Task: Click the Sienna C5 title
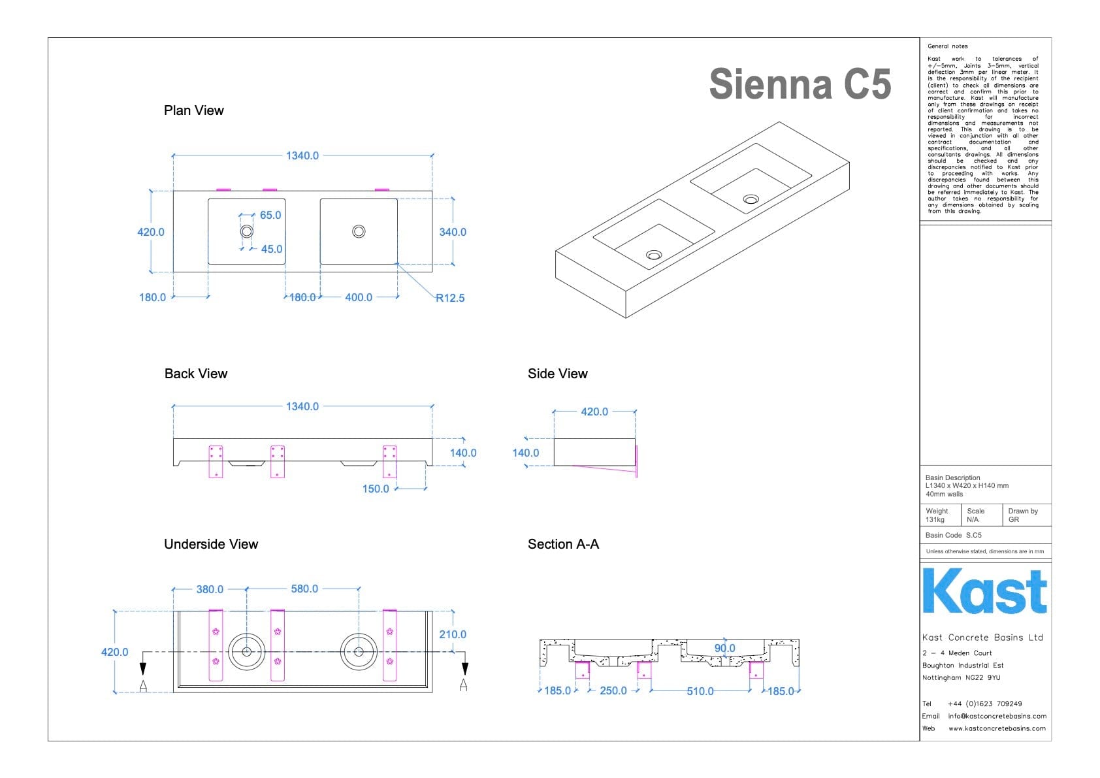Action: pos(800,84)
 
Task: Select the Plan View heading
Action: pos(193,110)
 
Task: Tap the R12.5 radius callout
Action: pos(450,298)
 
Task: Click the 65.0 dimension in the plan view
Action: pos(270,215)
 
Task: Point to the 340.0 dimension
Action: pos(453,232)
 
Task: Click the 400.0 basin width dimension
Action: pos(359,297)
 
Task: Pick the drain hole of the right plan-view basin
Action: pos(359,231)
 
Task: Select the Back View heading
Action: pos(196,374)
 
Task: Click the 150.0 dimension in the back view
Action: pos(376,489)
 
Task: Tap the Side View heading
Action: pos(557,374)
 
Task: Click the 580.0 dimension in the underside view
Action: pos(304,589)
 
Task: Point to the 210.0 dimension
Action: pos(453,634)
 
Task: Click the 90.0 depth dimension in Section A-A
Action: pos(724,648)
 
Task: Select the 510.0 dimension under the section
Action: pos(700,691)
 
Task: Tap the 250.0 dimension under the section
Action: pos(613,690)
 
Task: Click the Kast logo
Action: pos(984,591)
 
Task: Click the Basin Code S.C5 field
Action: pos(953,535)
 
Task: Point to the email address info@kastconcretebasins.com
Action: pos(997,716)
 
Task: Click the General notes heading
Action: pos(947,46)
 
